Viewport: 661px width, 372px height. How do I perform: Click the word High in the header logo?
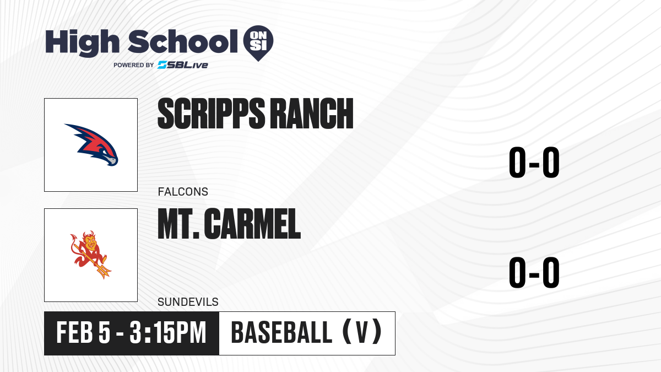(x=82, y=42)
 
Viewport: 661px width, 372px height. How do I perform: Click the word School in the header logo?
(x=183, y=41)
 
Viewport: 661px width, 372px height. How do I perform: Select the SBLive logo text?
(x=183, y=65)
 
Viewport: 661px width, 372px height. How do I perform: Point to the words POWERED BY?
(x=134, y=65)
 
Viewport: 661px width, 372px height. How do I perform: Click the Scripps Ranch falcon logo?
(x=91, y=144)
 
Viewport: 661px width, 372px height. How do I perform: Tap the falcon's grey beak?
(x=111, y=160)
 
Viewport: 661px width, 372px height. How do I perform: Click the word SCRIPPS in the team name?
(x=212, y=114)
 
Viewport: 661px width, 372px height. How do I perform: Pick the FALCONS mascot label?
(x=183, y=192)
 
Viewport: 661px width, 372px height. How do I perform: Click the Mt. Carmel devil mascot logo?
(x=90, y=255)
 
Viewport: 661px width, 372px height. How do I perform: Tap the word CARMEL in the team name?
(x=252, y=224)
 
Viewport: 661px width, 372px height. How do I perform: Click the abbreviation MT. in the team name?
(x=178, y=224)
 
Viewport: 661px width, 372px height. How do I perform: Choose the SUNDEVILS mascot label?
(x=188, y=302)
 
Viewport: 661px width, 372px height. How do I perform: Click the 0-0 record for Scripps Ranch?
(x=534, y=163)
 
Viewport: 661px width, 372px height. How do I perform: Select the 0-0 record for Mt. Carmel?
(x=534, y=272)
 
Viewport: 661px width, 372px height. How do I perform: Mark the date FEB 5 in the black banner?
(x=83, y=332)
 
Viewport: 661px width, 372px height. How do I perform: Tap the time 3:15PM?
(x=167, y=332)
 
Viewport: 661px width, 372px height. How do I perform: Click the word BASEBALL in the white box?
(x=282, y=332)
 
